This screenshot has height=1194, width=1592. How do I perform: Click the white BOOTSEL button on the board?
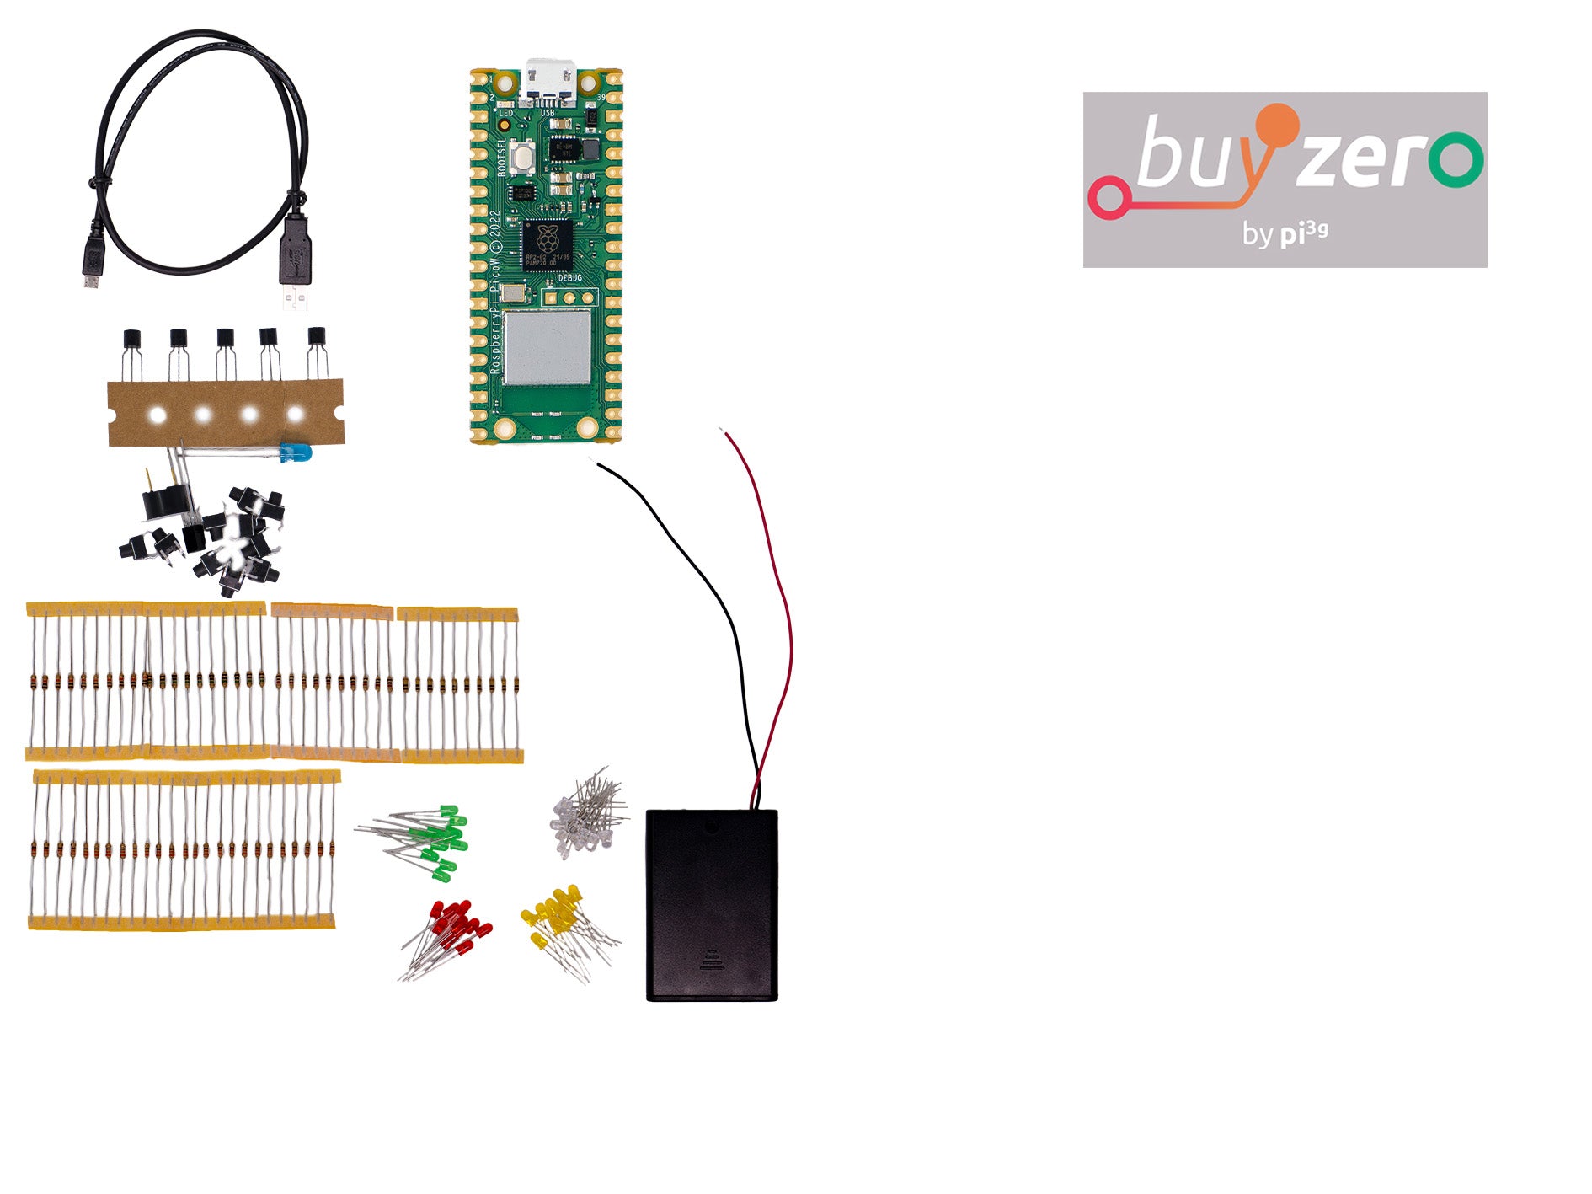coord(524,156)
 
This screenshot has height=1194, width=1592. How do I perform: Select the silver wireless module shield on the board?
coord(548,347)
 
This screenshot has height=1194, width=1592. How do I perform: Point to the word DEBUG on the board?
coord(570,277)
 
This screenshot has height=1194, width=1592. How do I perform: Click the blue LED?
coord(296,452)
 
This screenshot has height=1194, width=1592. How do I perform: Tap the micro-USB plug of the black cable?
coord(92,262)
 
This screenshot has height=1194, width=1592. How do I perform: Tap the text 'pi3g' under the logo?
coord(1304,233)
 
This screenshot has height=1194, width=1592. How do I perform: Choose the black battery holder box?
coord(712,905)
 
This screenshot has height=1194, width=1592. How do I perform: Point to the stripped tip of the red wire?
coord(722,431)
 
